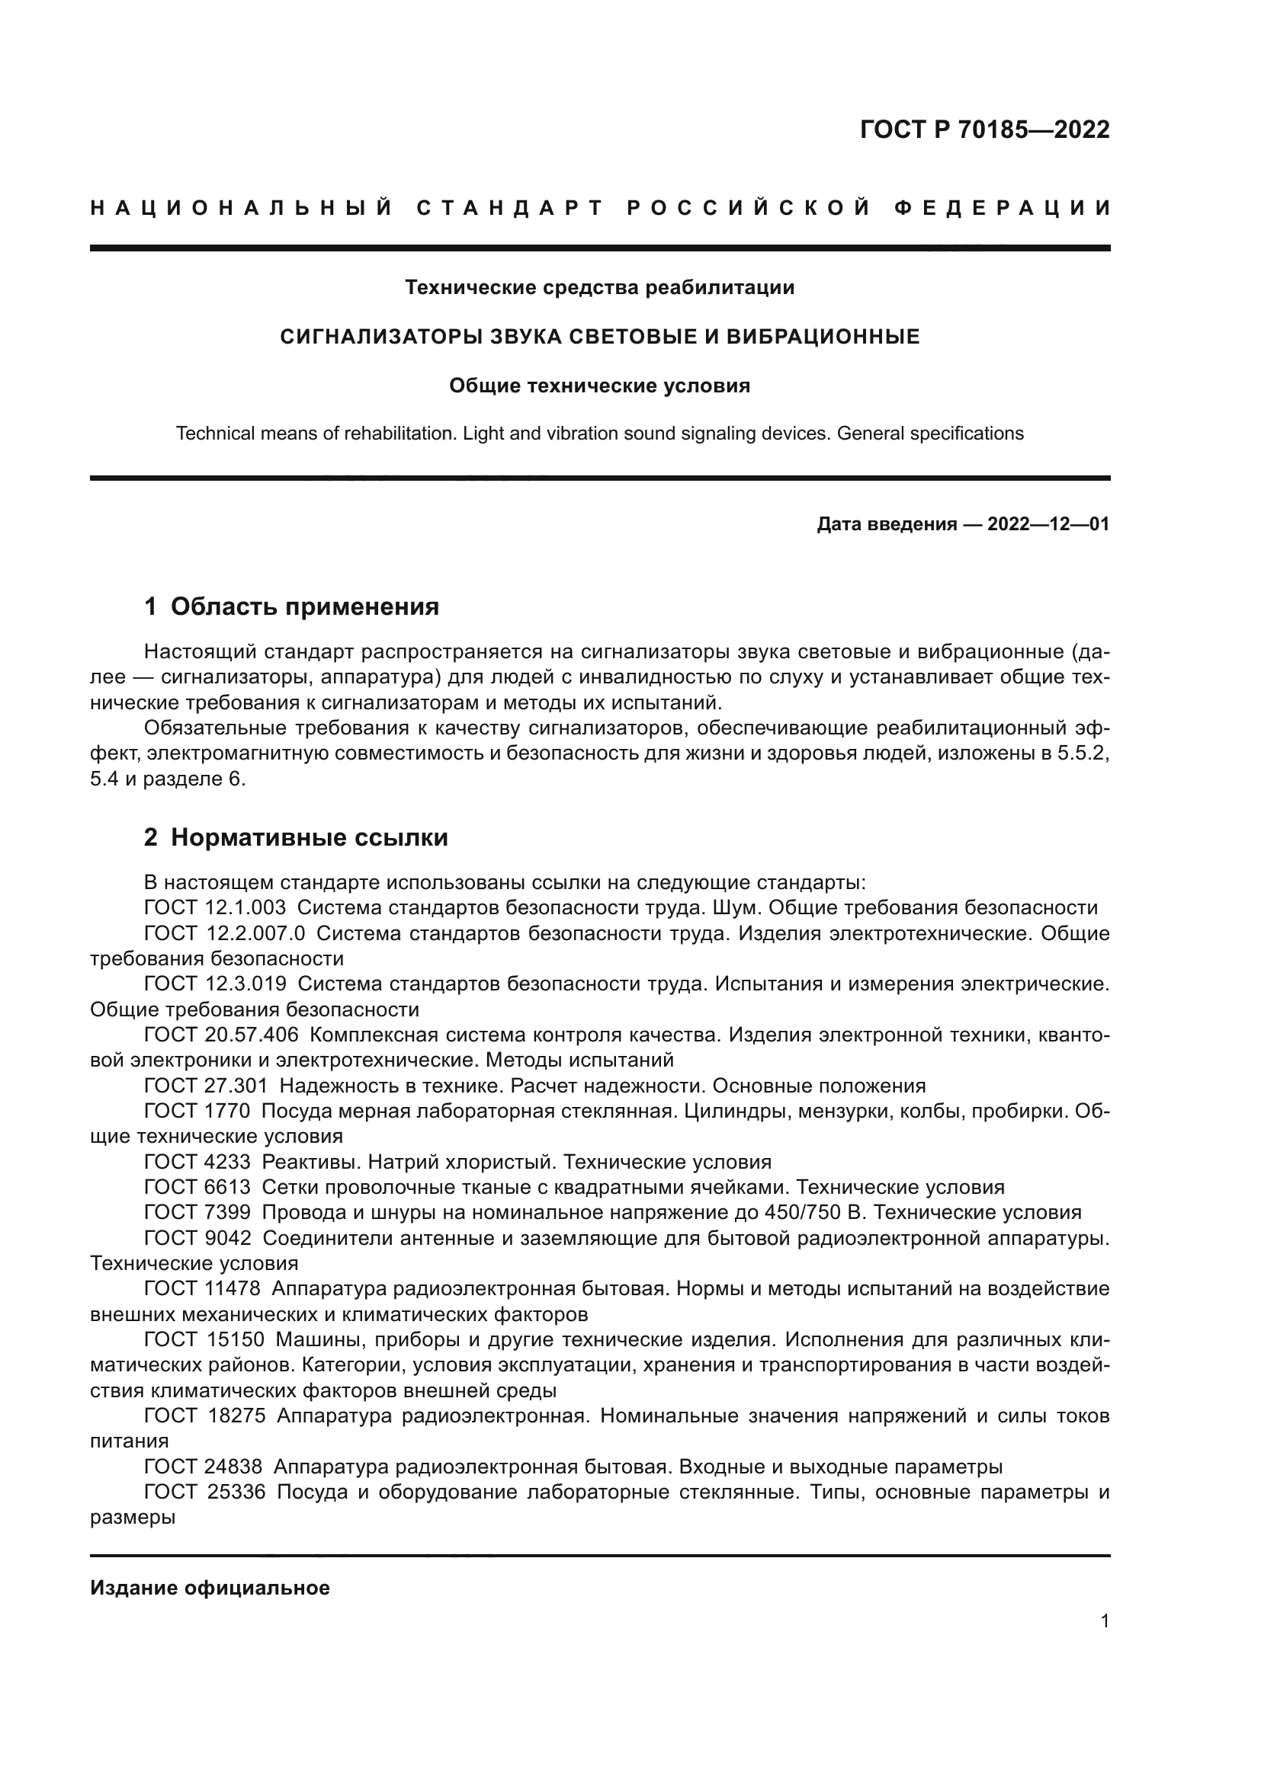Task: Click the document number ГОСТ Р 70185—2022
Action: point(984,130)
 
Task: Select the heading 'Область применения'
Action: point(304,606)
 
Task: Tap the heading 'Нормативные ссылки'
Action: point(309,837)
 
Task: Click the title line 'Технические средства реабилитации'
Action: point(599,288)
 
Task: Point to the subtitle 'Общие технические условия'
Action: point(599,386)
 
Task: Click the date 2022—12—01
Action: point(1048,525)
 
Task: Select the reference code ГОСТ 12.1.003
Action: point(214,908)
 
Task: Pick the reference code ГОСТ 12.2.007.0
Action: point(224,934)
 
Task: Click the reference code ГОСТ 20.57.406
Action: point(221,1035)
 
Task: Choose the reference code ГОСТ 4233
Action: point(197,1162)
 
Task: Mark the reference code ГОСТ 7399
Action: point(197,1212)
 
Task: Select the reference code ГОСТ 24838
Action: point(203,1467)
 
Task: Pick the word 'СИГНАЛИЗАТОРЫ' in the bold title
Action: point(382,337)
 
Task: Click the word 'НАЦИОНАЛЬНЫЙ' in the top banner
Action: point(242,208)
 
